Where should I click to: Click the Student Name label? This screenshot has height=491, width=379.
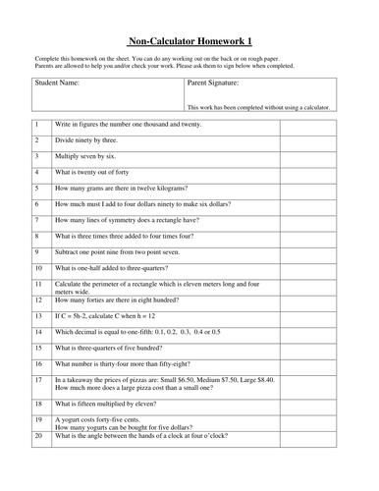[58, 83]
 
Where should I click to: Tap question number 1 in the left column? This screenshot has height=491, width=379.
[36, 125]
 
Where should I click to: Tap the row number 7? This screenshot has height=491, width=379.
[36, 220]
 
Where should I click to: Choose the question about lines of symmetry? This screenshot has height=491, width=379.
[131, 220]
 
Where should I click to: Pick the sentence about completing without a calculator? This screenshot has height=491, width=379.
[256, 107]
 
